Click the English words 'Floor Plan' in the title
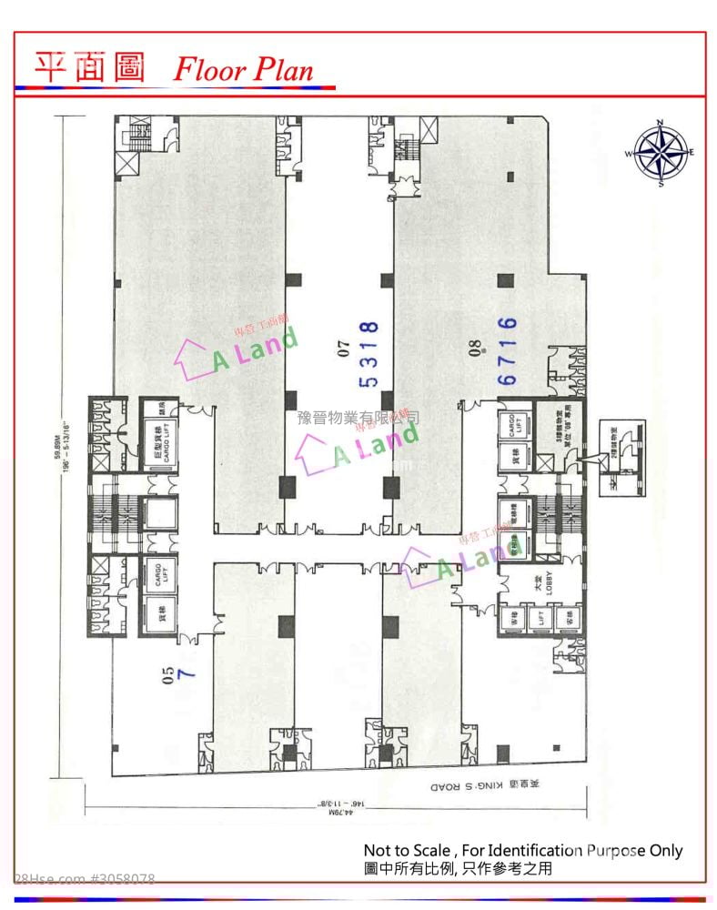pyautogui.click(x=243, y=69)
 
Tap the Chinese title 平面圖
pyautogui.click(x=89, y=66)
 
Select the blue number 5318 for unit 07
pyautogui.click(x=369, y=353)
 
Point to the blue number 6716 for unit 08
pyautogui.click(x=508, y=350)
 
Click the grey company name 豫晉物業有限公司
pyautogui.click(x=358, y=418)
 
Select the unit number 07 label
pyautogui.click(x=344, y=346)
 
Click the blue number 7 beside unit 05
pyautogui.click(x=189, y=674)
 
